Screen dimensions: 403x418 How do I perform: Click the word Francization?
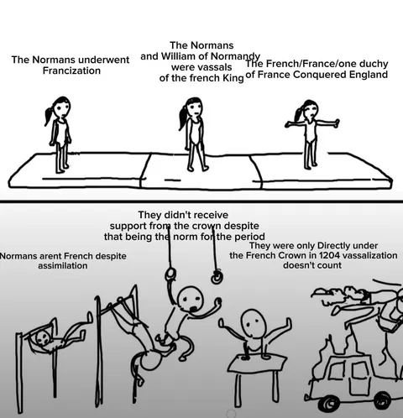[71, 71]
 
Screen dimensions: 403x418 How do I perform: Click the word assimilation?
[63, 265]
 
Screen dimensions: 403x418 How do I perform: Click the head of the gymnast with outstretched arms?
[309, 110]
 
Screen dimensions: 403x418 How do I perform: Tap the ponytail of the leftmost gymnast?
[48, 115]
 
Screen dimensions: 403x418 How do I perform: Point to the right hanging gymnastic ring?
[217, 276]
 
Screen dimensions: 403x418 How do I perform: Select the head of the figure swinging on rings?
[191, 299]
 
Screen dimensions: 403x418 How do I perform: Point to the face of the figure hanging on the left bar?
[44, 338]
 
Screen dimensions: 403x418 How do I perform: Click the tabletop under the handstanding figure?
[258, 363]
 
